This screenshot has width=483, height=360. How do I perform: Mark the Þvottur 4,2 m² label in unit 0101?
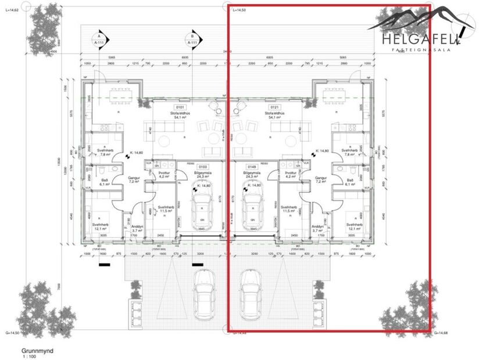(164, 175)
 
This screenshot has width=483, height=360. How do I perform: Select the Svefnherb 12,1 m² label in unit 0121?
(354, 227)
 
